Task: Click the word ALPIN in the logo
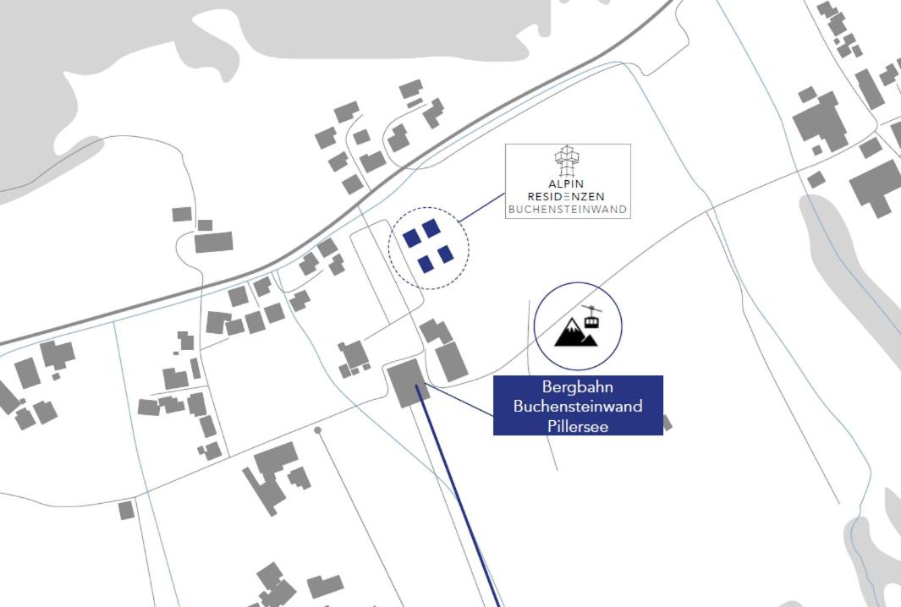click(566, 183)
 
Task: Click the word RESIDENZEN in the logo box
click(566, 196)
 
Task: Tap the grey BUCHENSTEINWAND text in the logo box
click(568, 210)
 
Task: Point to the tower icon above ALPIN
click(567, 161)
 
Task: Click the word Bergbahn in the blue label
click(578, 386)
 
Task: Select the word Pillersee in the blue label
click(578, 426)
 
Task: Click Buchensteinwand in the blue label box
click(578, 406)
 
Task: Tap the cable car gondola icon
click(592, 317)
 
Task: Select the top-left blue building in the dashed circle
click(411, 238)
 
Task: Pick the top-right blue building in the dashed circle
click(431, 228)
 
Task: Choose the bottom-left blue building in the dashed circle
click(426, 264)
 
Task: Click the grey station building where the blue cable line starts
click(408, 383)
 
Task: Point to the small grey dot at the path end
click(317, 429)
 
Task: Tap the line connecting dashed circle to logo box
click(481, 208)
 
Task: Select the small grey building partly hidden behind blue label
click(667, 423)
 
